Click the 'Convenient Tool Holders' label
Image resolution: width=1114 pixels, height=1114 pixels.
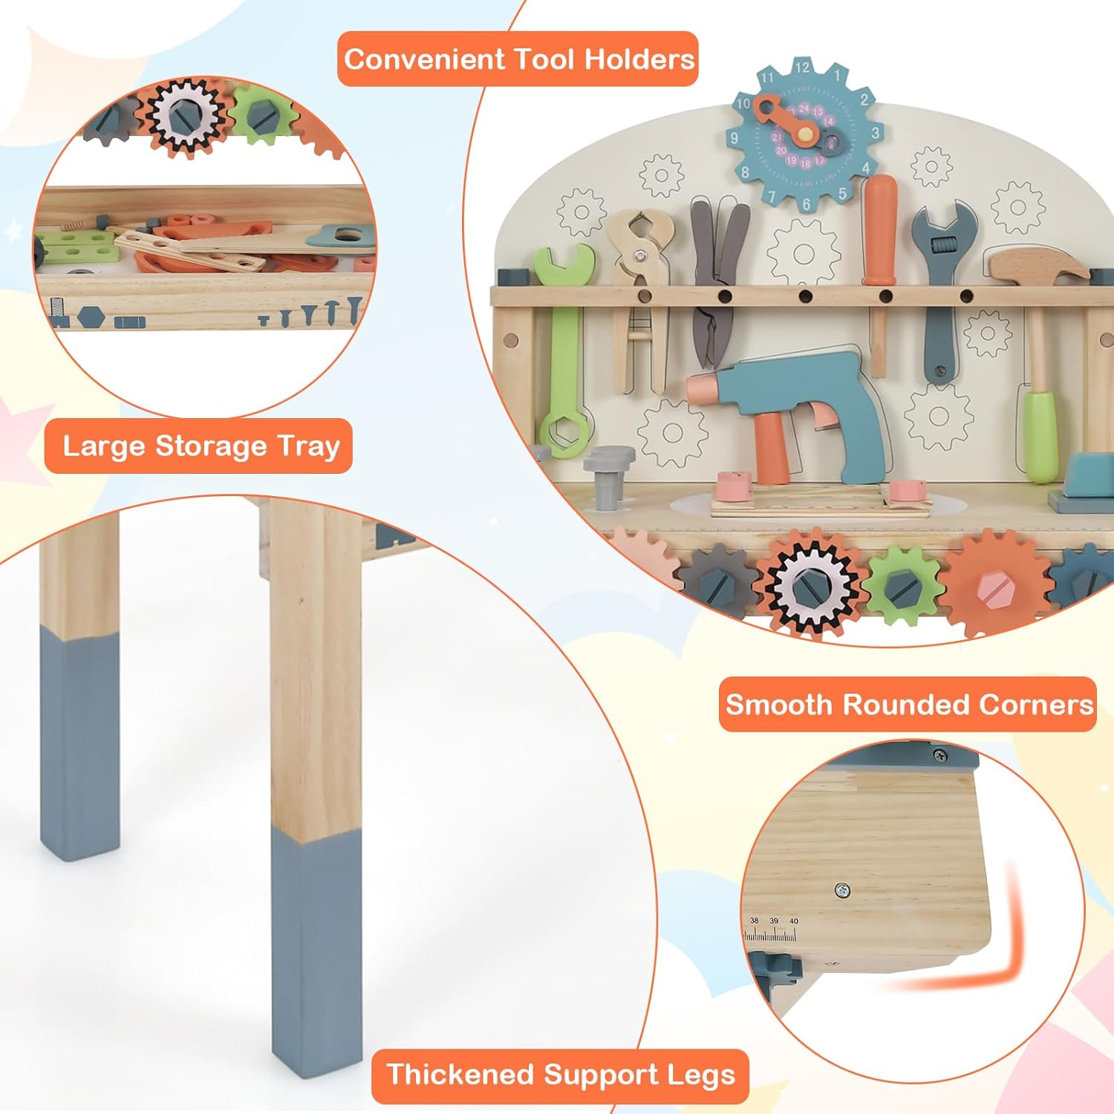518,59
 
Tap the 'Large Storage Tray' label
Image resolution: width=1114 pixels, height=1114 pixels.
199,446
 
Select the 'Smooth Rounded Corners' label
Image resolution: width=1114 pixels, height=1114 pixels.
908,704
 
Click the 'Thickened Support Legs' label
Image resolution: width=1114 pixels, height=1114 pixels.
560,1075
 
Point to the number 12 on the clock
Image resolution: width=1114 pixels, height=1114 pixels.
802,68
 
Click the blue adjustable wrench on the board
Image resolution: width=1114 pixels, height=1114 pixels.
942,290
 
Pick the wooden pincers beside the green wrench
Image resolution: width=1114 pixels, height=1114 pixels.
639,297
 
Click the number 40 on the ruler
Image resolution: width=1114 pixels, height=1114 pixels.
793,921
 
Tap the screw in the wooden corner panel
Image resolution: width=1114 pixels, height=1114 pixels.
841,889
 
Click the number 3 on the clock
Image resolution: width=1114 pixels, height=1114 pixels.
876,133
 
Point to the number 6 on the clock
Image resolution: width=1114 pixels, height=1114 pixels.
807,203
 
